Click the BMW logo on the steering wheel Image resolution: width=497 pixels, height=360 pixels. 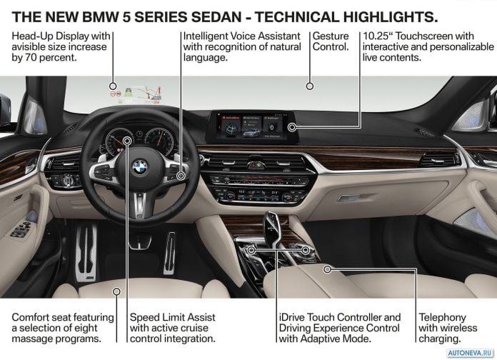coord(140,167)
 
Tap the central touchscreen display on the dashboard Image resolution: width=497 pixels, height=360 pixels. coord(252,126)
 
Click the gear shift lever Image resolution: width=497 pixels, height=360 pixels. coord(273,229)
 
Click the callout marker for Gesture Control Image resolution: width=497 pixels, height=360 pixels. coord(310,86)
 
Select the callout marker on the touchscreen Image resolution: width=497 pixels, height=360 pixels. coord(292,127)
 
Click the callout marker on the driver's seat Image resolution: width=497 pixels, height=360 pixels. coord(116,291)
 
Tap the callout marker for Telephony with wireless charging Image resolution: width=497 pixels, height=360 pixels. coord(328,269)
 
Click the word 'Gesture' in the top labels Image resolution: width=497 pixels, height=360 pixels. coord(331,36)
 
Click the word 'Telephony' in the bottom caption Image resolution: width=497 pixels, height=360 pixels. coord(443,317)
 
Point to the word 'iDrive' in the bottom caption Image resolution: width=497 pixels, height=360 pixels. coord(292,317)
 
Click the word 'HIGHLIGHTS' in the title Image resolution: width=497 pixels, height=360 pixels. coord(391,17)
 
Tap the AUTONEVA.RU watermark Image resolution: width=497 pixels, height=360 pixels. coord(471,353)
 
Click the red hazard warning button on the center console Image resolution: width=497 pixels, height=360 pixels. coord(252,165)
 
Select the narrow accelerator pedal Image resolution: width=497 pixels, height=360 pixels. coord(169,253)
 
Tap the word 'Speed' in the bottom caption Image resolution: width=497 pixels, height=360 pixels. coord(144,317)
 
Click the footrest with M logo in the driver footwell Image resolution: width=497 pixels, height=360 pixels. coord(86,252)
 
